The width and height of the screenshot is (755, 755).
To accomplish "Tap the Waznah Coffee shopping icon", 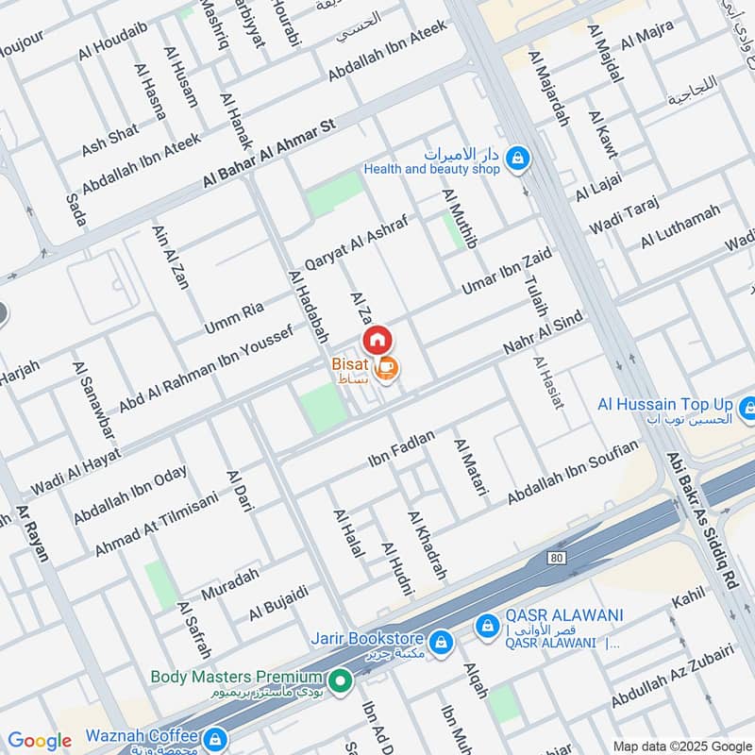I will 215,737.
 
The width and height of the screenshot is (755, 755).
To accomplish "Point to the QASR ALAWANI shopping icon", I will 487,625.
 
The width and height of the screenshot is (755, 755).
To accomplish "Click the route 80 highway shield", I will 557,559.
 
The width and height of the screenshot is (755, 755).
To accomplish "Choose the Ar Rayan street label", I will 32,533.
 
